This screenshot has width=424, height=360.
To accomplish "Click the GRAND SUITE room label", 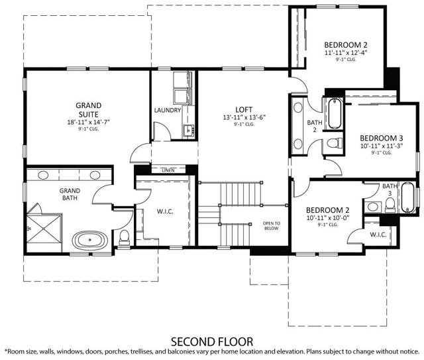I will pos(87,109).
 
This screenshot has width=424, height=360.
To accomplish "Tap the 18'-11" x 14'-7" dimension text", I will pos(87,123).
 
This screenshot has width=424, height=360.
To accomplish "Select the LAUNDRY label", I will pos(167,110).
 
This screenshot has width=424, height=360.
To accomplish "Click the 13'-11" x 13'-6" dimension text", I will pos(244,118).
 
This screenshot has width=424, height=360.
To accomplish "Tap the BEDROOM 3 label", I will pos(382,138).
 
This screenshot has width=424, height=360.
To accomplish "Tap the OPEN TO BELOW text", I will pos(272,225).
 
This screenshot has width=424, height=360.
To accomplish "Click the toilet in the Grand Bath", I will pos(124,237).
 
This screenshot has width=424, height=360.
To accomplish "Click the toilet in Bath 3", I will pos(390,204).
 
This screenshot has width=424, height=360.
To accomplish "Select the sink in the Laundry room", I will pos(189,129).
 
